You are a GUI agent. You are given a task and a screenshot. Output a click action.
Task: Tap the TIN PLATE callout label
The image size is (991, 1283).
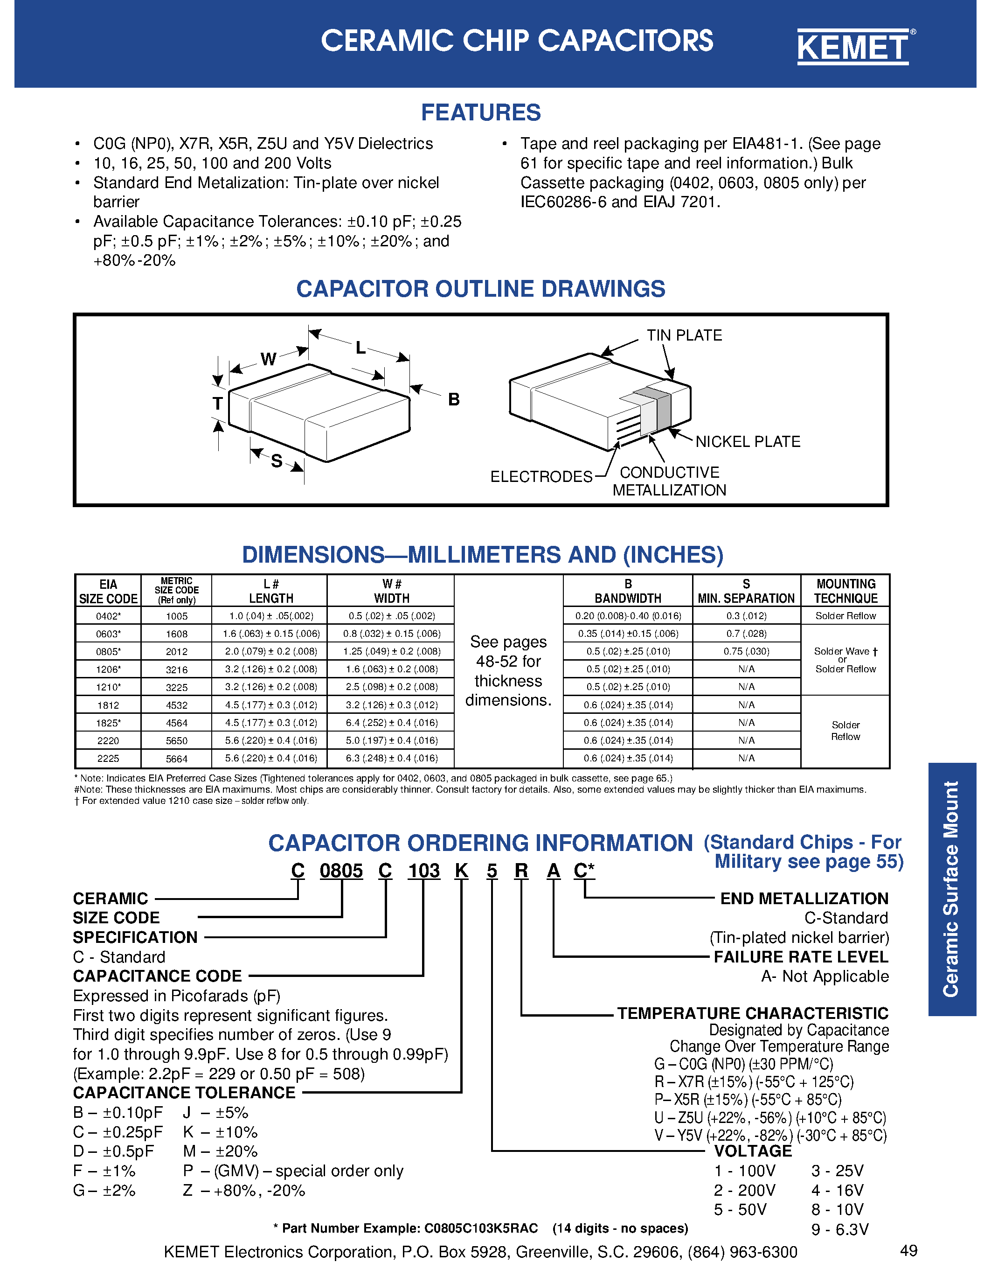[x=684, y=335]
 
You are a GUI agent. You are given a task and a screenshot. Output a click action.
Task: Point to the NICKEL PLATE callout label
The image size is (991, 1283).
[x=748, y=442]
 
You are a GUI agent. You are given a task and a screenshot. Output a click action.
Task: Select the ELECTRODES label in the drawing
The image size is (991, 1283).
[x=541, y=476]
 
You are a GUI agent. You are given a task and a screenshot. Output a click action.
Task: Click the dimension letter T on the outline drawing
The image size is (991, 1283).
[x=218, y=404]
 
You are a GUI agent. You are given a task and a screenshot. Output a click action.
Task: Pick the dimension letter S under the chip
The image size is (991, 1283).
[x=277, y=461]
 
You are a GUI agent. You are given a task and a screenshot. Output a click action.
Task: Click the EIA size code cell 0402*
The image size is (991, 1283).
[x=108, y=616]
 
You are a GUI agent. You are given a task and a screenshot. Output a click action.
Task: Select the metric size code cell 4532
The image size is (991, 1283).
[x=176, y=705]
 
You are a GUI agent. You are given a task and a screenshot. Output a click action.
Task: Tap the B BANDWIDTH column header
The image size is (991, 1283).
[x=628, y=591]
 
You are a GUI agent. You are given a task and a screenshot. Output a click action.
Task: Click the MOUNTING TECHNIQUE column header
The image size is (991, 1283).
[x=845, y=591]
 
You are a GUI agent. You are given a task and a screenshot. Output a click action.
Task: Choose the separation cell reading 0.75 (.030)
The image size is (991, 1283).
[x=746, y=651]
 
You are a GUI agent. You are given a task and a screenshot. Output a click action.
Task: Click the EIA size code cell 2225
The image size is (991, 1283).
[x=108, y=759]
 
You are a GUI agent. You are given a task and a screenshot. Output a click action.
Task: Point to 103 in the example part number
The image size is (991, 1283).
[x=423, y=871]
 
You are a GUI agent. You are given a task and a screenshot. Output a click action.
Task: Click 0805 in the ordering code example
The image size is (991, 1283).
[x=341, y=871]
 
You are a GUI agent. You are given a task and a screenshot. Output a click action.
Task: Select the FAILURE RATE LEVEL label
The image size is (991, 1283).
[x=801, y=957]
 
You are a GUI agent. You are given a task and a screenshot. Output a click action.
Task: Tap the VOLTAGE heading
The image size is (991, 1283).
[x=753, y=1151]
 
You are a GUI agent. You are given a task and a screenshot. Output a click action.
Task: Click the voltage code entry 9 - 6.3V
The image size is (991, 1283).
[x=839, y=1229]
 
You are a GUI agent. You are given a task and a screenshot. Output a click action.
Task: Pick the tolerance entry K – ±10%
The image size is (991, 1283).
[x=220, y=1132]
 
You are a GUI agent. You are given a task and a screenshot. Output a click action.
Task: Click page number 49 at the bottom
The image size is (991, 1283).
[x=908, y=1251]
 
